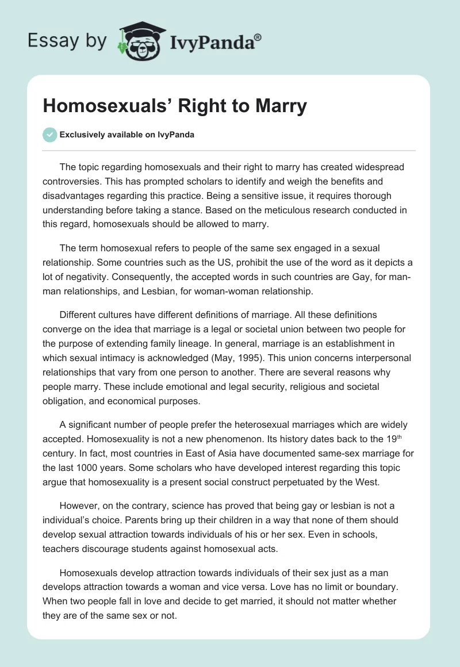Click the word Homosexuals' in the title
coord(95,106)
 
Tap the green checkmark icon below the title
coord(49,135)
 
